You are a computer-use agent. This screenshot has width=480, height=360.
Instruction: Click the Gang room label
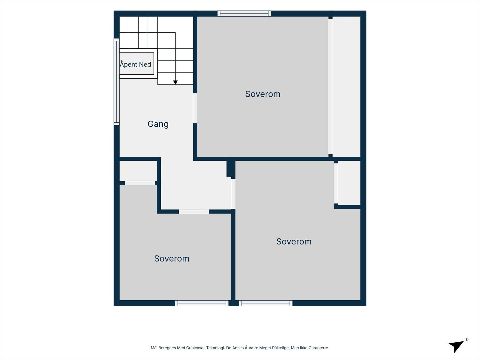click(x=158, y=124)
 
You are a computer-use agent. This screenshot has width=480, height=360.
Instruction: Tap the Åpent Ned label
click(x=135, y=64)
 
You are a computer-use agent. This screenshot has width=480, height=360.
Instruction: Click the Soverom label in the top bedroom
click(x=262, y=94)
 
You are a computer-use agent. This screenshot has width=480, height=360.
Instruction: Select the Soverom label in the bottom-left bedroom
click(x=172, y=259)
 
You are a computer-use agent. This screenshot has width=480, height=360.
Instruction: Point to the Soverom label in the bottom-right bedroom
click(x=294, y=241)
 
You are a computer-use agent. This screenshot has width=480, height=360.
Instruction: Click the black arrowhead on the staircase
click(x=175, y=82)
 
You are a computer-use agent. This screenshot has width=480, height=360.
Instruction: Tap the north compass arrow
click(x=456, y=346)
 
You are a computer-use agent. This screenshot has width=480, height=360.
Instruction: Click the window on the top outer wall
click(x=244, y=13)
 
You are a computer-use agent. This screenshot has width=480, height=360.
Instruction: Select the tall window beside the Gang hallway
click(x=117, y=82)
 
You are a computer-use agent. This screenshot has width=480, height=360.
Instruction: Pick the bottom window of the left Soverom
click(x=202, y=303)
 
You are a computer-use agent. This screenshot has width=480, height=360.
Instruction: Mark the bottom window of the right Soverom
click(x=266, y=303)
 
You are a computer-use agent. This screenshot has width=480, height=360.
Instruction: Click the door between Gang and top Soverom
click(x=195, y=108)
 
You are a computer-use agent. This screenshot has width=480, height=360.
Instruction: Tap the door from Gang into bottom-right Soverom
click(x=233, y=194)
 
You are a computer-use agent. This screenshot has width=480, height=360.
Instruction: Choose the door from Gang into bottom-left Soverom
click(x=194, y=211)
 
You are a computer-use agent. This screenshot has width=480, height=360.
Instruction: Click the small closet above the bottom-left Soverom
click(x=138, y=171)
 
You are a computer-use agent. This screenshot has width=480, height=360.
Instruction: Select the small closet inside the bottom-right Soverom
click(x=349, y=183)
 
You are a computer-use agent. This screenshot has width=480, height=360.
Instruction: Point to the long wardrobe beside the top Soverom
click(x=346, y=87)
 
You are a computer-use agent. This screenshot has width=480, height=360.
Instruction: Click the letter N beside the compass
click(x=467, y=340)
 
